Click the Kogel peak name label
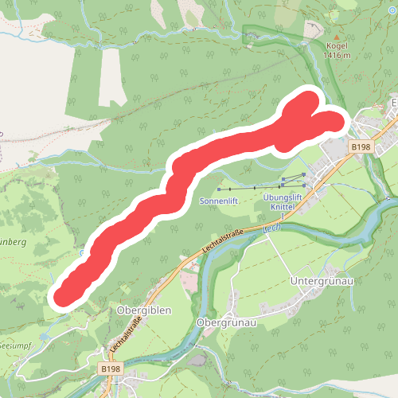click(x=338, y=46)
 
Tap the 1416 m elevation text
click(x=338, y=56)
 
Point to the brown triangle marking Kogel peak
click(x=337, y=37)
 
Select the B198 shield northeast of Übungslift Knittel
click(x=361, y=147)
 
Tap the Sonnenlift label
click(x=219, y=202)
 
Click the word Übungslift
click(x=283, y=197)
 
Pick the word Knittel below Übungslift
click(x=283, y=206)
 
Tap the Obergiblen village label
click(x=144, y=310)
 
